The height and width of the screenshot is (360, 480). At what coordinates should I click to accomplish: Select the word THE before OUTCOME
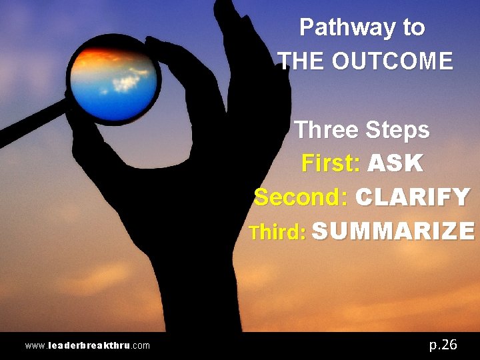point(302,61)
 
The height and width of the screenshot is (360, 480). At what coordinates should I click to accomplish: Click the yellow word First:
point(331,163)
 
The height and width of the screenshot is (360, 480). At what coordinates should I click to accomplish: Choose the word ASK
point(395,163)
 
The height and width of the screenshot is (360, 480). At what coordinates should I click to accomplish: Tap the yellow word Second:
point(302,197)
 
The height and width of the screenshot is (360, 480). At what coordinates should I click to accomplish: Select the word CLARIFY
point(413,197)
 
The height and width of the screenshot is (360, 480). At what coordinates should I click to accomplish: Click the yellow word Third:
point(277,232)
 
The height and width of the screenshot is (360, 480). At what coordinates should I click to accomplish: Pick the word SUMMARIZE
point(393,231)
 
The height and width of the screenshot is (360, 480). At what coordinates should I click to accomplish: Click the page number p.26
point(443,344)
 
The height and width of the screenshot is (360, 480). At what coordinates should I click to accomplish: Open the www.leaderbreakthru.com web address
point(87,345)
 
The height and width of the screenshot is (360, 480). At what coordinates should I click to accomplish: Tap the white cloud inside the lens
point(127,83)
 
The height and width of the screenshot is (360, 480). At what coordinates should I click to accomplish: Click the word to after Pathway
point(413,27)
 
